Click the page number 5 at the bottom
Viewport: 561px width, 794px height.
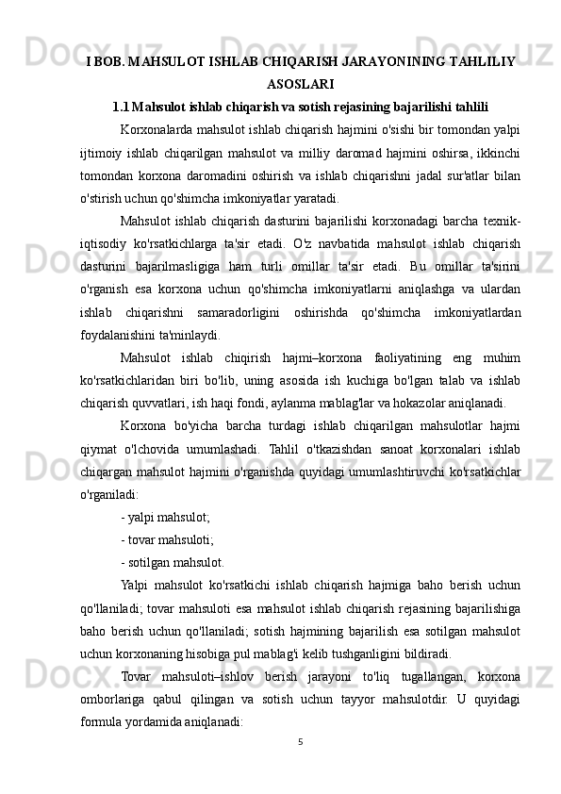click(x=298, y=741)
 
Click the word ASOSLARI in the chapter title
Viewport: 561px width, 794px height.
click(x=302, y=83)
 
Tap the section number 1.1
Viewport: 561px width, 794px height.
click(x=123, y=105)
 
